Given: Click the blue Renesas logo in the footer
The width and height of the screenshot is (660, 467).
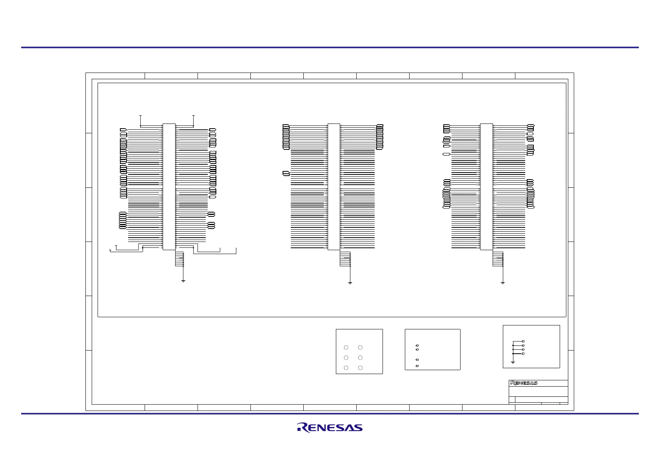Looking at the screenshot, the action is click(330, 427).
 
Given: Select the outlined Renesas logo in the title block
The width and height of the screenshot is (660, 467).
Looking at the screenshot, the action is click(524, 383).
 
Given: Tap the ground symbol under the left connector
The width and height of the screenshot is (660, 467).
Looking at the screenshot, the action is click(183, 281).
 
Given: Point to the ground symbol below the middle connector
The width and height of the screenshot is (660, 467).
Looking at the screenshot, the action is click(350, 283).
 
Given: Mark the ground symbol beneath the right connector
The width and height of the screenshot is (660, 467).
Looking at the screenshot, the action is click(503, 283).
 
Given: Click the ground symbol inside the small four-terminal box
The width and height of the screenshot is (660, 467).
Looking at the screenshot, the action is click(513, 362).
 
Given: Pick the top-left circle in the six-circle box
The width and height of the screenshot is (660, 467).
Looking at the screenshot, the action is click(346, 347).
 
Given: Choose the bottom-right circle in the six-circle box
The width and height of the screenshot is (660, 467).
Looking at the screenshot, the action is click(360, 368).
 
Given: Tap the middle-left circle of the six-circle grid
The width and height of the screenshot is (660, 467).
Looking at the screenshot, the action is click(346, 358).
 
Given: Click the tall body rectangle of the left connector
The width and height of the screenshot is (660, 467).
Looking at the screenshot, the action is click(169, 187).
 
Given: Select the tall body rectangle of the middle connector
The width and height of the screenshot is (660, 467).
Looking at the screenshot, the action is click(334, 187).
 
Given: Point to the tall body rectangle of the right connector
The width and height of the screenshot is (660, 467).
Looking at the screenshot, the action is click(486, 187).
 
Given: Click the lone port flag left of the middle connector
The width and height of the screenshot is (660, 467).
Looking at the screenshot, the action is click(286, 173).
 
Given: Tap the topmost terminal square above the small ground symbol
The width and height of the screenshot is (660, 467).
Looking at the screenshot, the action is click(523, 342).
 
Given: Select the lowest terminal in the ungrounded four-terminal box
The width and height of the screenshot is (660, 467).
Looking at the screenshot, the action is click(417, 366).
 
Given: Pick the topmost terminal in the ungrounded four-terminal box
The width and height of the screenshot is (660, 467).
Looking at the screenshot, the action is click(417, 345).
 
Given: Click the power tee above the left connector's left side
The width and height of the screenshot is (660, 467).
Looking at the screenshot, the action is click(140, 116).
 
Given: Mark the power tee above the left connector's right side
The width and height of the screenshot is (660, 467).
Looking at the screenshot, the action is click(194, 116).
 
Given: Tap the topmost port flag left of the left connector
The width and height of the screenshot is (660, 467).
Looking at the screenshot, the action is click(123, 129).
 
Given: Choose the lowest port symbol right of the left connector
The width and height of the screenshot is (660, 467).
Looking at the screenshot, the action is click(211, 227).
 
